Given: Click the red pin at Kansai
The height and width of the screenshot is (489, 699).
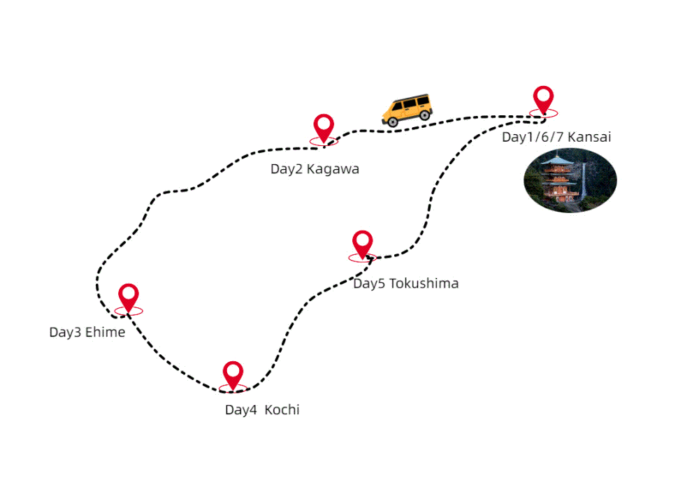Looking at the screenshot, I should tap(543, 98).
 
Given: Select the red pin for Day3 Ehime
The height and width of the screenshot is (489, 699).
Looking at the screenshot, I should tap(128, 296).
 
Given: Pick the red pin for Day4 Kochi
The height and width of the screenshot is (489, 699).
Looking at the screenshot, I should tap(233, 374).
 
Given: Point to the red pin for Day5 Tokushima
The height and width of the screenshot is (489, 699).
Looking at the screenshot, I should tap(362, 243).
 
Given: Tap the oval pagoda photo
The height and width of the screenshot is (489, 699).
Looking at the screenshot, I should tap(570, 180).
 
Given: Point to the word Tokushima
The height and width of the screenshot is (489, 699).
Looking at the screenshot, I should tap(424, 284).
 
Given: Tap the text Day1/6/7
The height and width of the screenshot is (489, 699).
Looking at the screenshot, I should tap(533, 137).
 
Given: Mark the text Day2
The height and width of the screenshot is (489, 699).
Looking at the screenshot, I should tap(286, 169).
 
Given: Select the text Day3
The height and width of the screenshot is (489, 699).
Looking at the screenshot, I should tap(64, 333).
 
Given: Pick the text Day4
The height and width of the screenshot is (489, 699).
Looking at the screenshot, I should tap(240, 410).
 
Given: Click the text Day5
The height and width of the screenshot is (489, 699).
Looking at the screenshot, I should tap(368, 284).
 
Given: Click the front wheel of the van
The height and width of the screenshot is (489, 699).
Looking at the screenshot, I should tap(393, 122).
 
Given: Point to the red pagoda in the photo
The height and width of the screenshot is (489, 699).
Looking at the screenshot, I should tap(559, 182).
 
